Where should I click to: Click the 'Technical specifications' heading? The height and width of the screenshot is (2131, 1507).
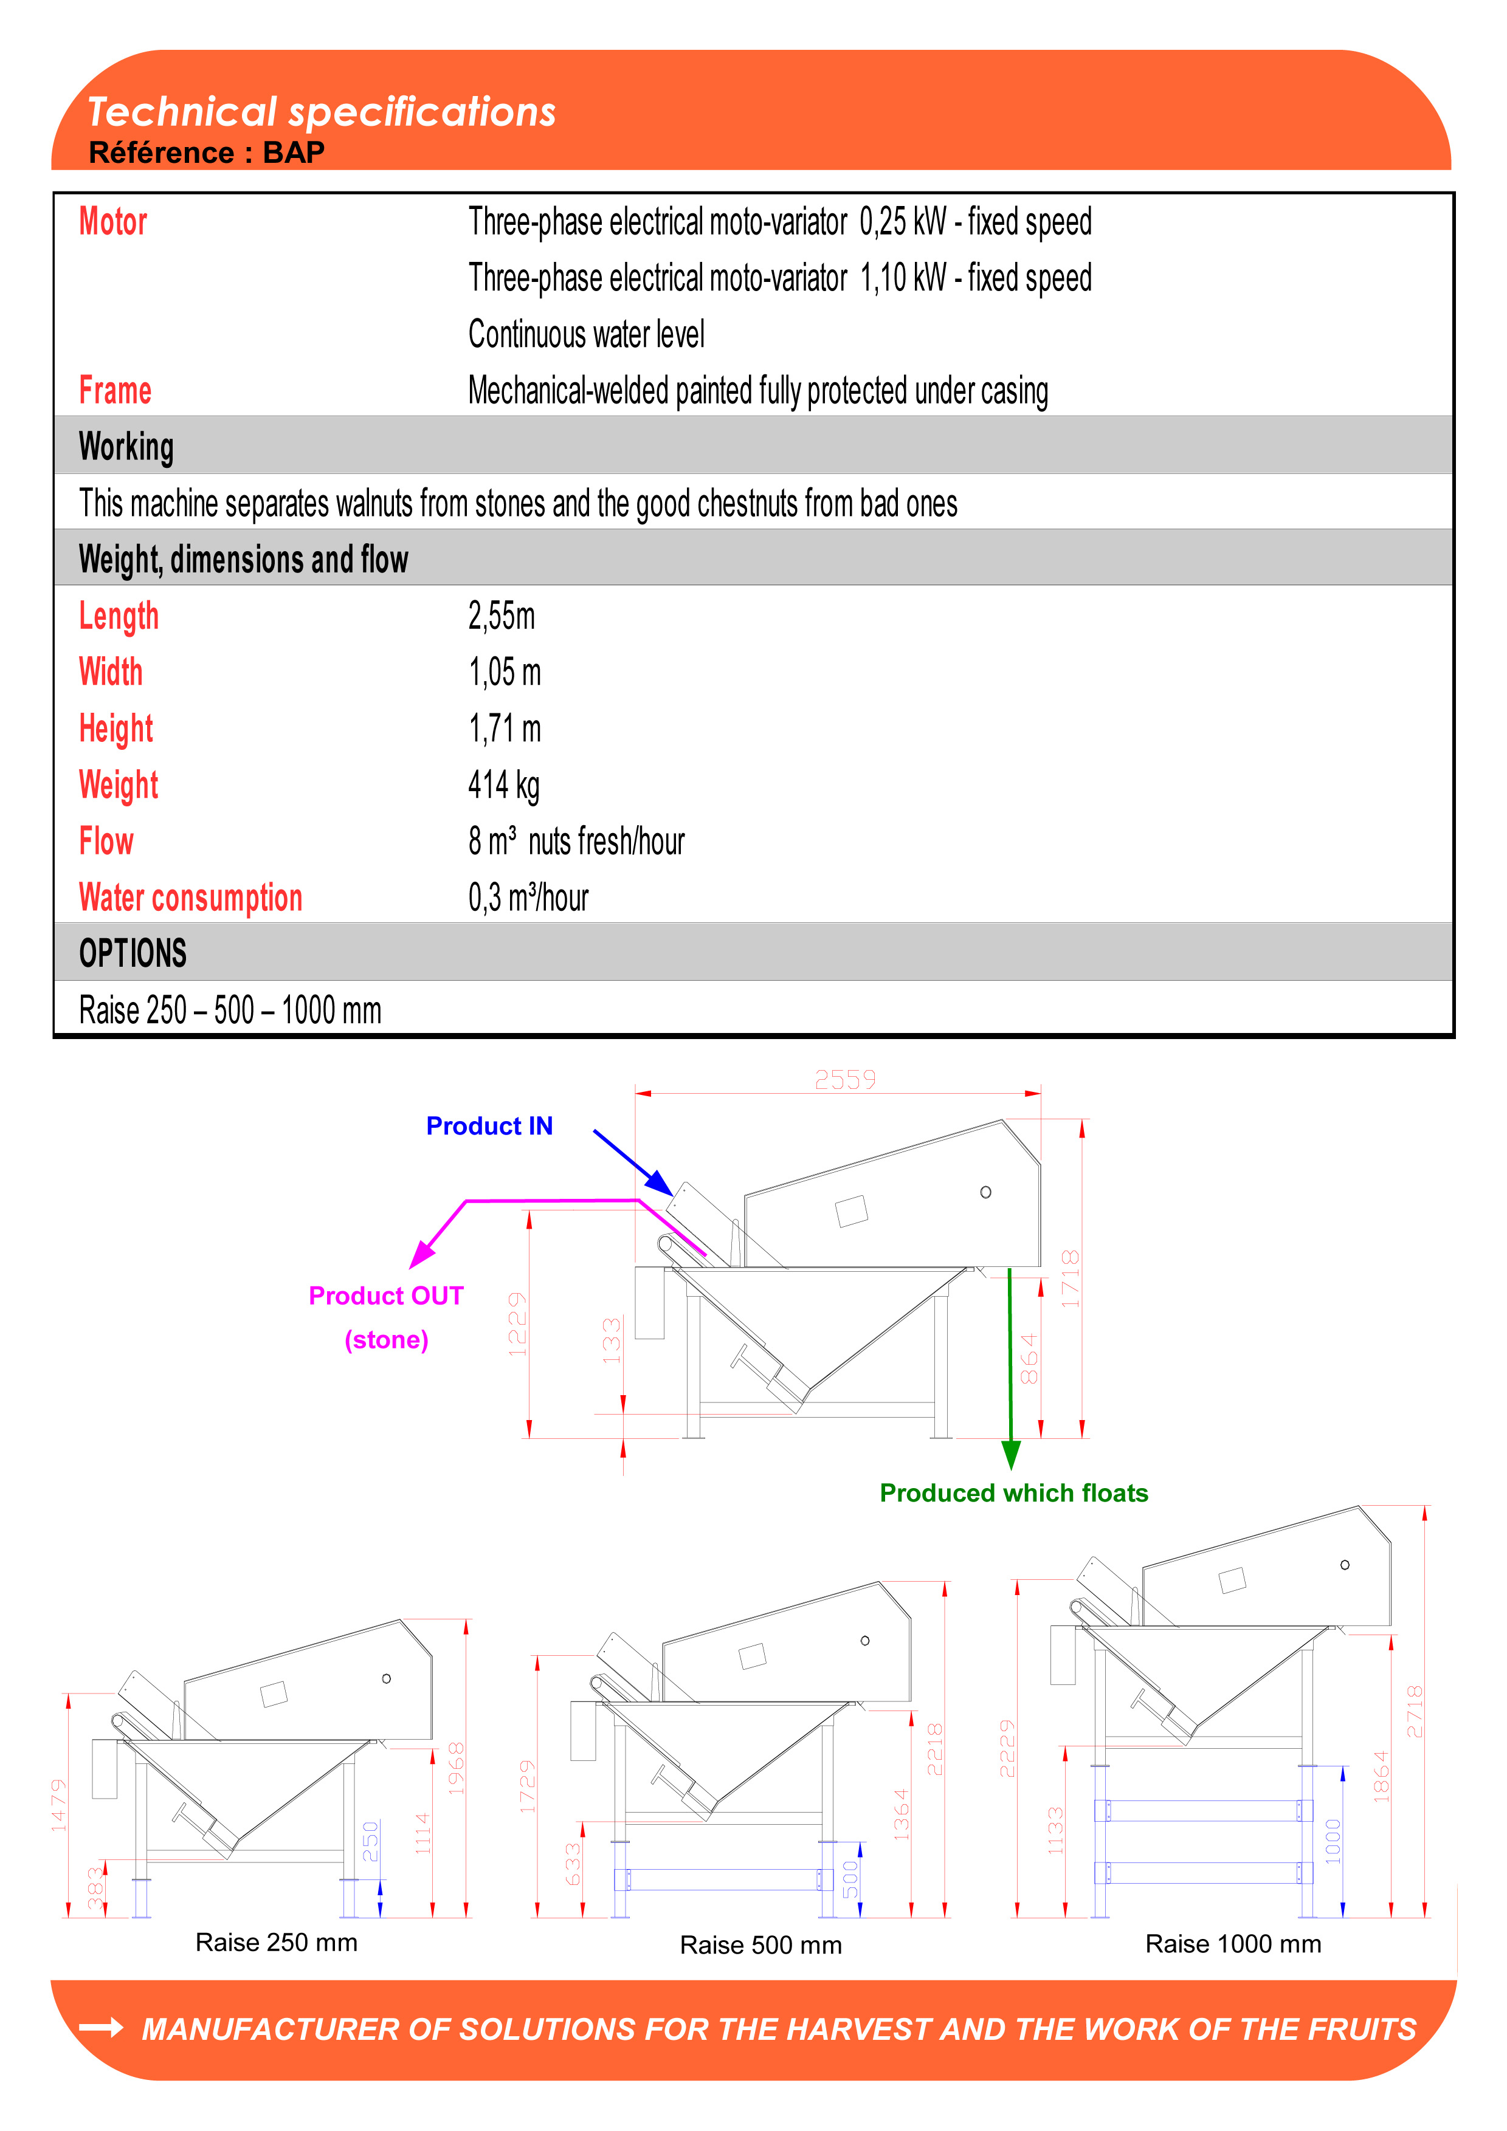(x=321, y=112)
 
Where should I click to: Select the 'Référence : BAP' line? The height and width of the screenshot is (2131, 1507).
(x=206, y=153)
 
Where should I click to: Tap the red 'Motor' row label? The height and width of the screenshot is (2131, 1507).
(x=113, y=223)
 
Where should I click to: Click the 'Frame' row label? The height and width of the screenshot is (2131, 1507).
(x=115, y=391)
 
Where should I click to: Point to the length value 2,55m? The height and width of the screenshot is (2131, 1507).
(x=502, y=616)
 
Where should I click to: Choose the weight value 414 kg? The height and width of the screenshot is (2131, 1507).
(x=503, y=785)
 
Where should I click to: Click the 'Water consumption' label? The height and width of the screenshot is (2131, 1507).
(x=190, y=897)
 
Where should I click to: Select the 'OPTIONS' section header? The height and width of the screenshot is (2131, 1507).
(x=133, y=953)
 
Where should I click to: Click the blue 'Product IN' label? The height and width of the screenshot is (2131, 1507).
(x=489, y=1126)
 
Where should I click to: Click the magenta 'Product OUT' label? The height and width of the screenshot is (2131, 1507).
(x=386, y=1295)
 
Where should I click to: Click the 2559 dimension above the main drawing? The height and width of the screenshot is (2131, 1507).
(x=845, y=1079)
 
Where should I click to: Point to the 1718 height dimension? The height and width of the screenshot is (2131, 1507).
(x=1071, y=1279)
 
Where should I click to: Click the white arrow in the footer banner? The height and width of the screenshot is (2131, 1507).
(x=101, y=2028)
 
